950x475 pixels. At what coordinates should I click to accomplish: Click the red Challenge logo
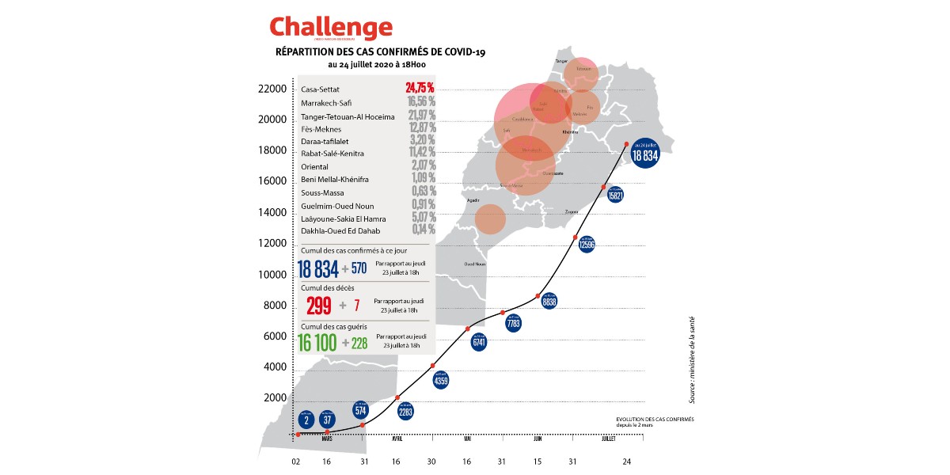(331, 28)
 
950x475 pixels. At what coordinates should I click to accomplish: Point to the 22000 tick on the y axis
(272, 89)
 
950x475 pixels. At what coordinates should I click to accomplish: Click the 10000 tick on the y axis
(272, 275)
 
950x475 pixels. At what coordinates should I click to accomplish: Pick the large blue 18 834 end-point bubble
(645, 156)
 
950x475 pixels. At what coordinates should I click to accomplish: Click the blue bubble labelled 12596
(586, 245)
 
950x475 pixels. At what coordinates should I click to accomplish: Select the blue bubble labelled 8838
(549, 301)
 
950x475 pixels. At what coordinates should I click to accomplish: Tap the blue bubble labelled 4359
(441, 380)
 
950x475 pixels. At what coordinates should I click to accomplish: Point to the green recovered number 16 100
(317, 342)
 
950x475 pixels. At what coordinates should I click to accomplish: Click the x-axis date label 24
(626, 462)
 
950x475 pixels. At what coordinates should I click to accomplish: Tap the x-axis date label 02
(296, 462)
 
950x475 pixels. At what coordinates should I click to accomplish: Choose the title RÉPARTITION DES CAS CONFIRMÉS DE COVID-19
(380, 52)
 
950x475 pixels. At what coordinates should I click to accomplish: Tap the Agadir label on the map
(474, 200)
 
